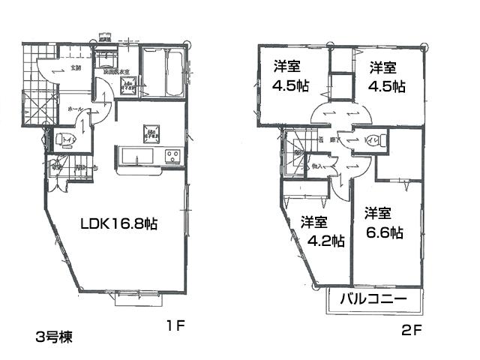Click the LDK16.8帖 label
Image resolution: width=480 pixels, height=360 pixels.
point(118,223)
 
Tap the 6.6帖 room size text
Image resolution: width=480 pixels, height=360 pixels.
point(384,233)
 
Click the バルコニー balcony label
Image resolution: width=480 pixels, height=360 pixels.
point(373,299)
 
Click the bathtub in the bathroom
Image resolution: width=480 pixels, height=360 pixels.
point(162,74)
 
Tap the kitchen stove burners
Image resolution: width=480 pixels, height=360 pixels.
point(172,156)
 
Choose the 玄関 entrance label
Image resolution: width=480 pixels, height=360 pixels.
point(76,69)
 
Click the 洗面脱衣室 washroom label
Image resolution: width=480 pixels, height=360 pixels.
point(117,71)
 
